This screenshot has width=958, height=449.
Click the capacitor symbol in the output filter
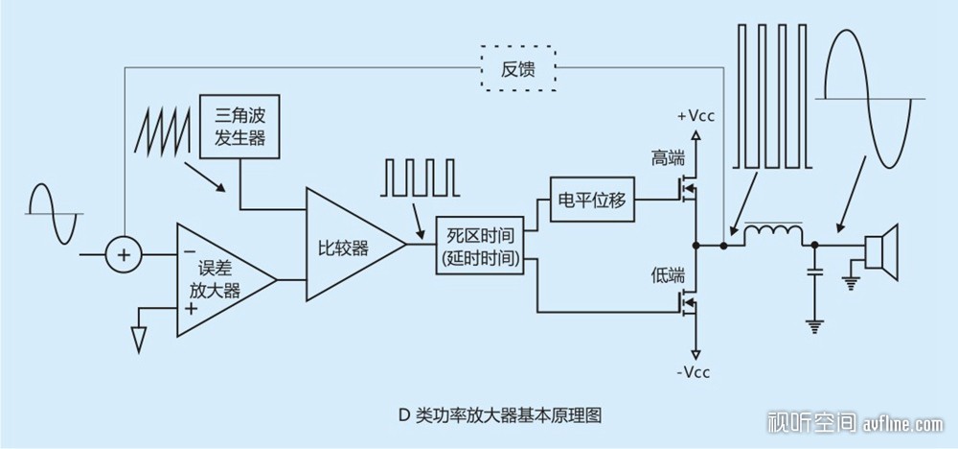pos(813,272)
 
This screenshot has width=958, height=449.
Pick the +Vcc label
pos(696,117)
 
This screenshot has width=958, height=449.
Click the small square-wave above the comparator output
pos(419,177)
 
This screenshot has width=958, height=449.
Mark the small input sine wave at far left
pos(54,214)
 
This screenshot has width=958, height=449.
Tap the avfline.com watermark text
pos(902,423)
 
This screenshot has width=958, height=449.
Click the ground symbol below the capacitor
pos(813,326)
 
